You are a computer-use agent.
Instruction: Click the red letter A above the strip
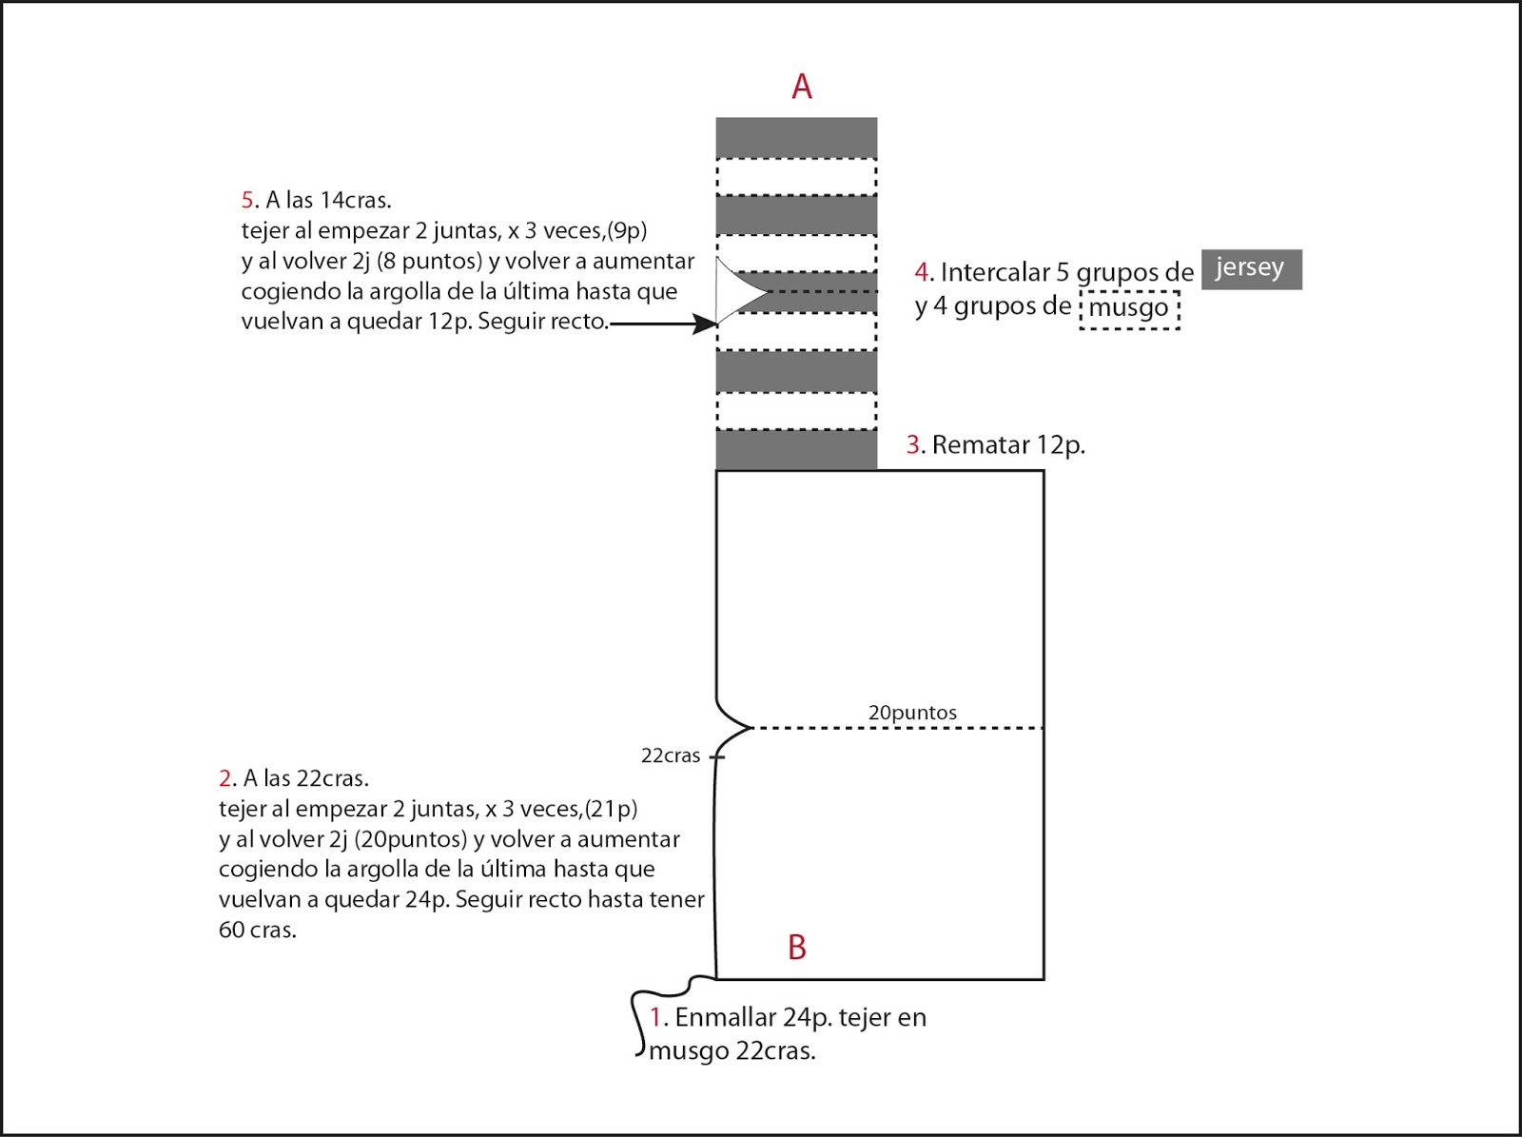pos(802,87)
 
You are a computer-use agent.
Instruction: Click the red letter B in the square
pos(797,948)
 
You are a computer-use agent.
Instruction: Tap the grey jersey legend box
pos(1251,269)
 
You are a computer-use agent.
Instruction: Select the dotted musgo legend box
pos(1129,308)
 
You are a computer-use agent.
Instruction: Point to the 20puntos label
pos(912,713)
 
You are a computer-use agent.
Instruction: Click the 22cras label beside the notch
pos(671,756)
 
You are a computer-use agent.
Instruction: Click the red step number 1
pos(655,1017)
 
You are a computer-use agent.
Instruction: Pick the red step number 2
pos(225,778)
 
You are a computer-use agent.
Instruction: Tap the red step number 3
pos(913,445)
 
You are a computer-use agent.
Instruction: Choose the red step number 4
pos(922,272)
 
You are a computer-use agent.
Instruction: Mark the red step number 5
pos(247,200)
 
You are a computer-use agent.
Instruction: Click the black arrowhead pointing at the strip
pos(706,324)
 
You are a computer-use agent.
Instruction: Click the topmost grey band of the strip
pos(796,137)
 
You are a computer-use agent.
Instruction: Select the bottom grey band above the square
pos(796,450)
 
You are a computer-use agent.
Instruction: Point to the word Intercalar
pos(995,272)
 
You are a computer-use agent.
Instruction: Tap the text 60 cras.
pos(258,930)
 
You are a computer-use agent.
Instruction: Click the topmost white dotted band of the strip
pos(796,177)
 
